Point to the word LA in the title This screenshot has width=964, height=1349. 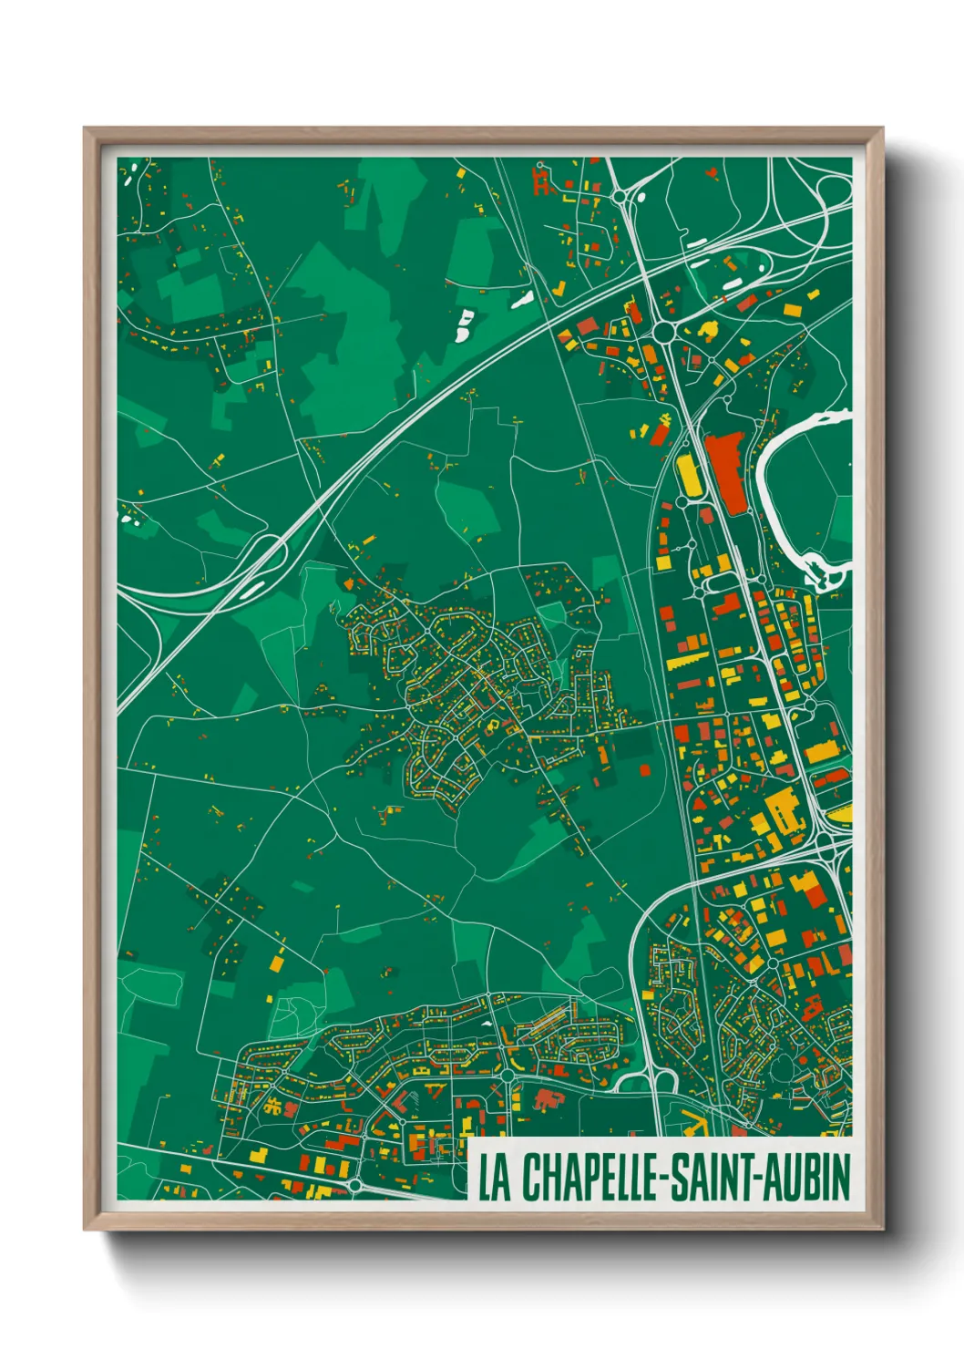(x=495, y=1178)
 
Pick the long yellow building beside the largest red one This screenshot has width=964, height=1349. (x=688, y=477)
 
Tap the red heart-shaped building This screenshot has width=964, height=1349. (x=712, y=170)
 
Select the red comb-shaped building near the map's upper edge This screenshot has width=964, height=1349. (x=543, y=181)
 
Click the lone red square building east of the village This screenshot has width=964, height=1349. (x=645, y=770)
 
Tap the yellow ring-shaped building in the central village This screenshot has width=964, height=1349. (x=492, y=726)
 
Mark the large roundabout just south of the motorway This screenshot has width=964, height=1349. (x=661, y=331)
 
